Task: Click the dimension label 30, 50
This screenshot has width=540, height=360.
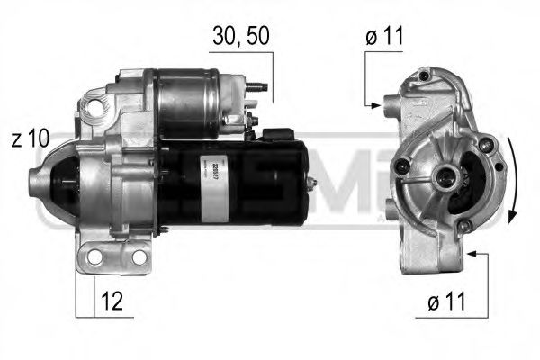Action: click(x=240, y=36)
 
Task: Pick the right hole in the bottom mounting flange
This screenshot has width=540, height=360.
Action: click(x=139, y=258)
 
